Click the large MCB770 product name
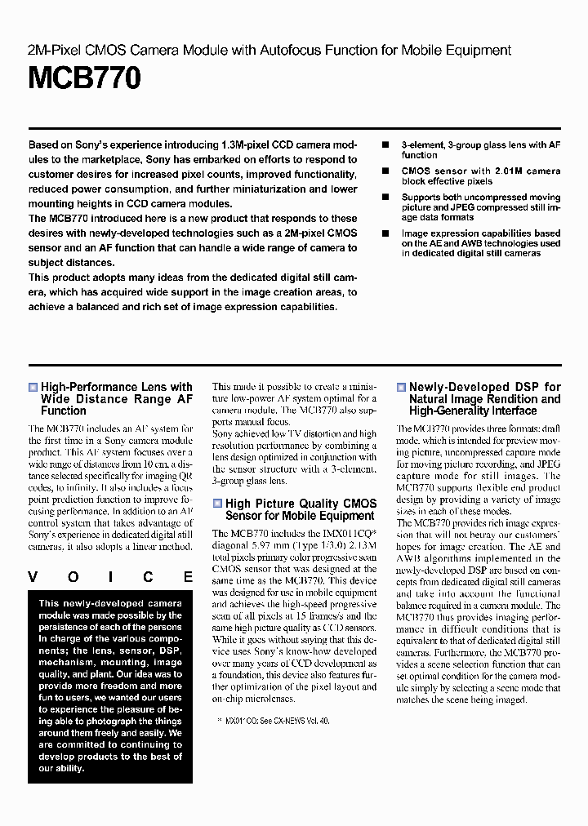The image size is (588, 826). click(85, 78)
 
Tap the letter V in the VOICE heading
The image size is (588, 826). click(33, 577)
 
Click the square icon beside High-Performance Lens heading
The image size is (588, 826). click(33, 388)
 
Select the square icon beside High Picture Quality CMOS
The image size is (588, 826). click(217, 504)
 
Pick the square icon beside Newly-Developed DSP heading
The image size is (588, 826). click(401, 388)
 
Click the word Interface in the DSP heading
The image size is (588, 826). click(511, 411)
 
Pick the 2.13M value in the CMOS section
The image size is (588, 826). click(361, 545)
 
